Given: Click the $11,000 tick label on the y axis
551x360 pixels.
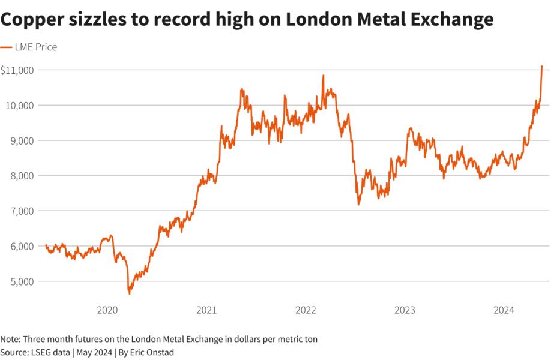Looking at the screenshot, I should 17,70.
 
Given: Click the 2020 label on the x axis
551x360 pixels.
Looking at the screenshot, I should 107,310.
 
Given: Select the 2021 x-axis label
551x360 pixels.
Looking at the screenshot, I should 206,310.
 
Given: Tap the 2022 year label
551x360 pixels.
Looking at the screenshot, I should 306,310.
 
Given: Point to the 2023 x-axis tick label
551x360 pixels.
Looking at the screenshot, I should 405,310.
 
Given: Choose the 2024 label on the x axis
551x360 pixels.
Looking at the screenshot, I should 504,310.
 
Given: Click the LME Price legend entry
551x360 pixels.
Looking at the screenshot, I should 35,47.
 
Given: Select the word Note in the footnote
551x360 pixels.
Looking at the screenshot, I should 10,339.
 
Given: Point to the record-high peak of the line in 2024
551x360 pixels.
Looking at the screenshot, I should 541,66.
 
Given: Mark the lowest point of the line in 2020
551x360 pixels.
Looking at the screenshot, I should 129,293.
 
